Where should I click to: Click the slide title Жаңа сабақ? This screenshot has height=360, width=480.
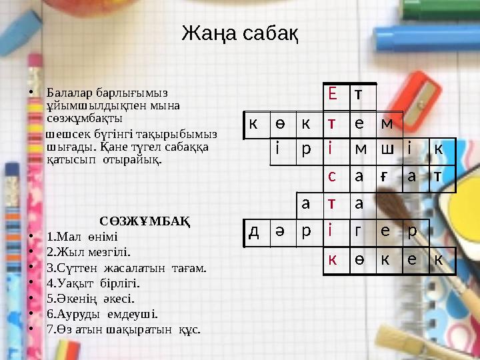click(x=239, y=32)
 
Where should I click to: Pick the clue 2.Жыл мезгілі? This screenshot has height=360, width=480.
click(x=89, y=252)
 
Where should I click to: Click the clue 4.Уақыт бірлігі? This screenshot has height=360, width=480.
click(x=94, y=283)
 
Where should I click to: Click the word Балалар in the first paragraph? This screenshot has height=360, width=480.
click(x=67, y=92)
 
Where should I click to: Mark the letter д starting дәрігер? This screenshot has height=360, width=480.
click(x=254, y=231)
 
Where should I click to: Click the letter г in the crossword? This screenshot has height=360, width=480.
click(x=359, y=231)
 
